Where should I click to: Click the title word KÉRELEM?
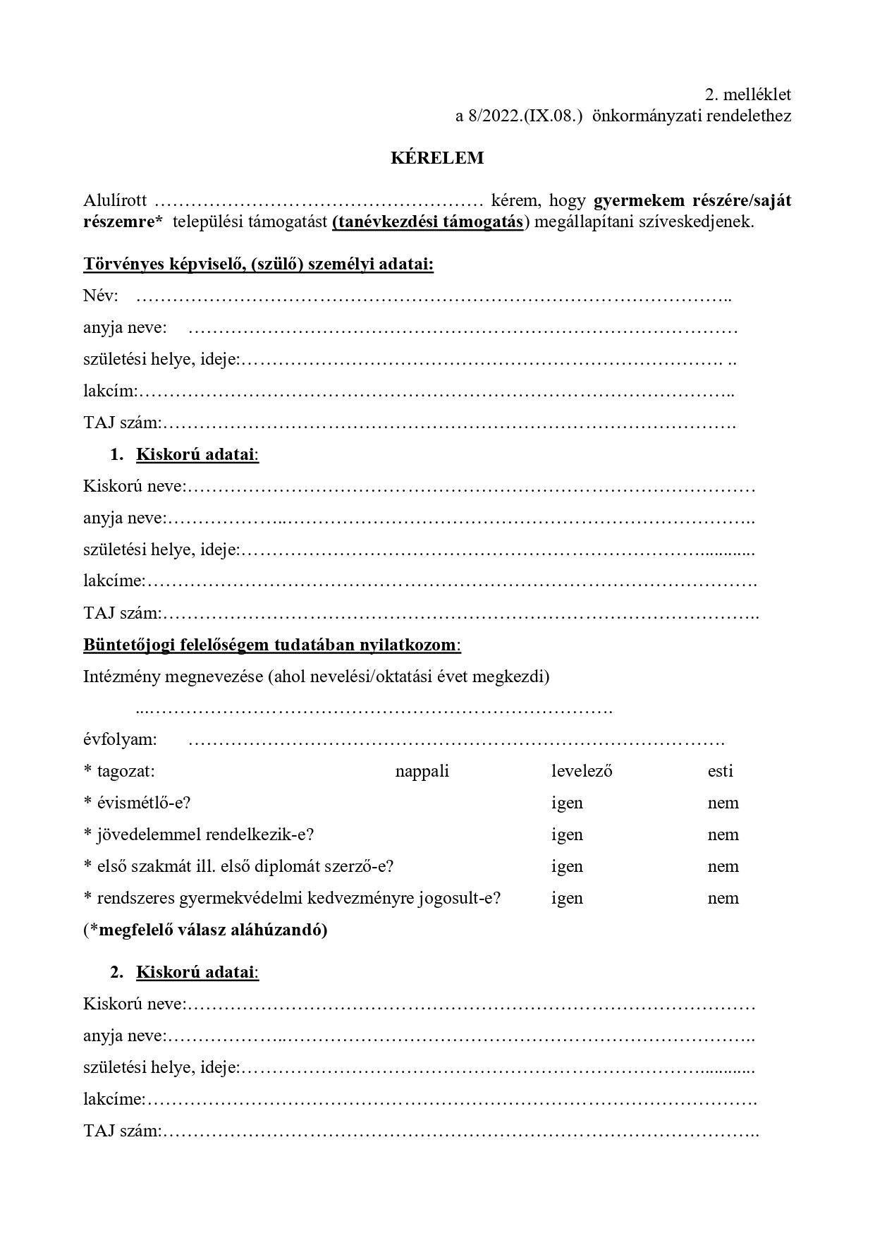(x=437, y=158)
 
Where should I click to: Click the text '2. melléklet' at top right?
(x=747, y=95)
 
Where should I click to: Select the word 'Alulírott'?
(x=115, y=201)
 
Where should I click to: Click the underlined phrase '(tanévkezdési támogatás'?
(x=428, y=221)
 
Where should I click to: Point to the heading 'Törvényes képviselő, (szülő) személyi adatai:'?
(x=258, y=265)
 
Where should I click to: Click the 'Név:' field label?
(x=101, y=296)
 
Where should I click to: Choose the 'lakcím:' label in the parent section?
(x=110, y=392)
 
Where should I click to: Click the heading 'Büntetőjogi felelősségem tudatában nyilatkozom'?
(x=271, y=645)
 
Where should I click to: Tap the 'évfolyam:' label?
(x=120, y=740)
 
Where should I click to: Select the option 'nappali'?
(x=422, y=771)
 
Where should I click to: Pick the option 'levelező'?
(x=582, y=771)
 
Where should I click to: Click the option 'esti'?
(x=720, y=771)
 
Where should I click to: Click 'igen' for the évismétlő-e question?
(x=567, y=803)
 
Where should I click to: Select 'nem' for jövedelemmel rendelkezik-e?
(x=723, y=835)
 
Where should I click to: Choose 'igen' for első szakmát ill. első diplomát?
(x=567, y=866)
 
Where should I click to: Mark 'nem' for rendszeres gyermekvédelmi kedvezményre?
(x=723, y=898)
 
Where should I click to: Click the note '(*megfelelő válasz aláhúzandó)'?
(x=205, y=930)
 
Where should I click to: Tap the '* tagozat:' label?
(x=119, y=771)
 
